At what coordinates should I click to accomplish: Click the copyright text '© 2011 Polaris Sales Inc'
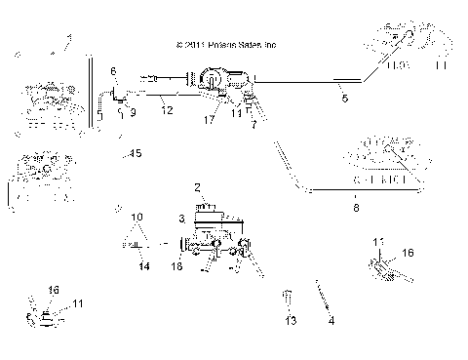[x=227, y=45]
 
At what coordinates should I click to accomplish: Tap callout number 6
[x=113, y=71]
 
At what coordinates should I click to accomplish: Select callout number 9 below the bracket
[x=133, y=112]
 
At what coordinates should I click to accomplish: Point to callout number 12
[x=168, y=109]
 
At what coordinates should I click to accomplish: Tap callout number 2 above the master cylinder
[x=197, y=185]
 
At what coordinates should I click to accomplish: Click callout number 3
[x=181, y=219]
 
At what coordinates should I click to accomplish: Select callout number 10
[x=137, y=216]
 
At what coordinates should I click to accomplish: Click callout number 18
[x=176, y=265]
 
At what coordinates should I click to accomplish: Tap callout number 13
[x=290, y=319]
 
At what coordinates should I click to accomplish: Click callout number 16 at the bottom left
[x=54, y=290]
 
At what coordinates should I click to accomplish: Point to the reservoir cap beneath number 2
[x=205, y=206]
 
